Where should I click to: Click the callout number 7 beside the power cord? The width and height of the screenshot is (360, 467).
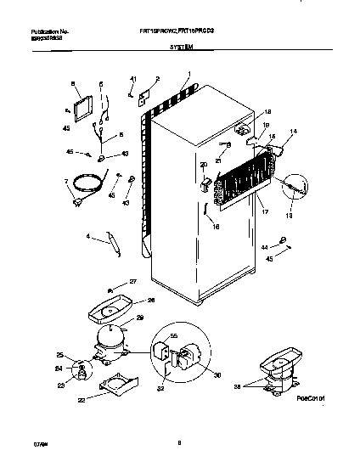point(66,182)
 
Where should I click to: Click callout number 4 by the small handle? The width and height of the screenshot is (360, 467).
point(87,237)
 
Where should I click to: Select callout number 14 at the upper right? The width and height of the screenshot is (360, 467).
point(294,132)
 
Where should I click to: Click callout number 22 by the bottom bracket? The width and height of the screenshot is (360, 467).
point(82,401)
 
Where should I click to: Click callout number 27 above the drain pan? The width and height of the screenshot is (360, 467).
point(132,281)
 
